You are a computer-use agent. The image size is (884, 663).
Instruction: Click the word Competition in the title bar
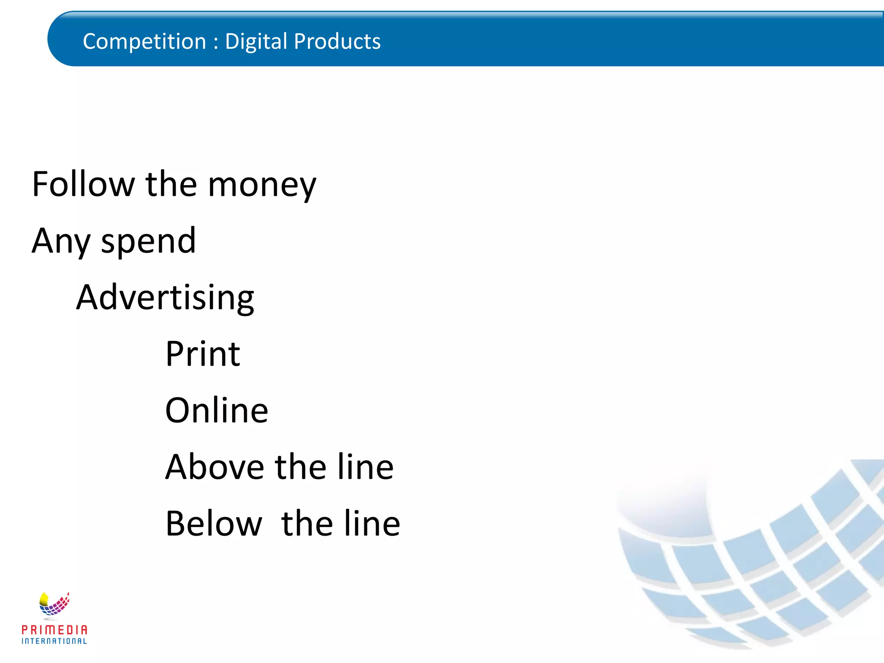(x=144, y=42)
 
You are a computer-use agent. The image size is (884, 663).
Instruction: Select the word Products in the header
(x=337, y=42)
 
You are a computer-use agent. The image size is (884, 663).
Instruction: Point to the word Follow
(x=83, y=184)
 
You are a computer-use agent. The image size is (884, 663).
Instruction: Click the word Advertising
(x=165, y=298)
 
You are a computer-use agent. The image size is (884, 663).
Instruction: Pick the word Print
(x=202, y=354)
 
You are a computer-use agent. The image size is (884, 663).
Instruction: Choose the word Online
(x=216, y=410)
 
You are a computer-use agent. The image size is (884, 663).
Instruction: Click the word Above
(x=215, y=467)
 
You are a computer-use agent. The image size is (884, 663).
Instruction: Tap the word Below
(x=214, y=524)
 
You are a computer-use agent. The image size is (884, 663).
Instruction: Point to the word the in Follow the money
(x=171, y=184)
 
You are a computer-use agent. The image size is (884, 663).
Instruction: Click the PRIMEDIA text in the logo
(x=54, y=630)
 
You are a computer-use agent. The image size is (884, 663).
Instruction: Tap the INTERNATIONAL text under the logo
(x=54, y=641)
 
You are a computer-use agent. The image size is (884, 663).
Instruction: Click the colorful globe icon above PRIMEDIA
(x=54, y=604)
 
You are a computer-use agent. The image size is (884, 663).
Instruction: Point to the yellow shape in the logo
(x=44, y=599)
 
